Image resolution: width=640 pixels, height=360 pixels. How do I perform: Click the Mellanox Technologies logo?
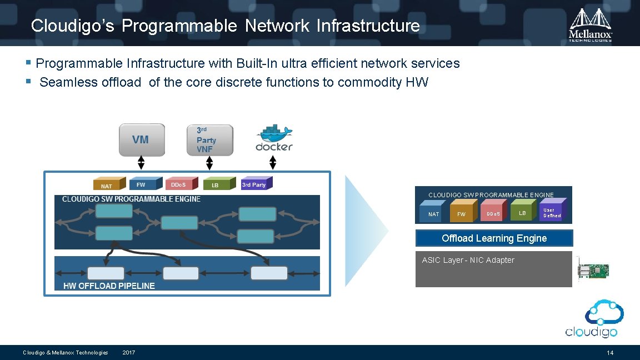591,24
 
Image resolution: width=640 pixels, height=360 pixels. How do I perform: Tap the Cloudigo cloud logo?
591,318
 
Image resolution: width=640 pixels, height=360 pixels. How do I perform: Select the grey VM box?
142,139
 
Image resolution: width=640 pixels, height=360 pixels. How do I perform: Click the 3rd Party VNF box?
209,140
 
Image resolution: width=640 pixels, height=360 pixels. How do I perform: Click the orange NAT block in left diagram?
106,185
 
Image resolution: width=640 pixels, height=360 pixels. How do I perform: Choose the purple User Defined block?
552,213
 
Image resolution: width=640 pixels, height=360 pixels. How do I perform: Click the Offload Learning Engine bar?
494,238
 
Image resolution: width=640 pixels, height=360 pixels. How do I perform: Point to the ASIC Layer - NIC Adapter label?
468,260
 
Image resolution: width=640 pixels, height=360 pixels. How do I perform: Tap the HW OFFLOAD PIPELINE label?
109,286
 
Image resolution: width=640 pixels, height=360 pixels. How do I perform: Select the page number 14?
610,353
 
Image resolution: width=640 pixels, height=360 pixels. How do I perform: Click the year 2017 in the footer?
128,353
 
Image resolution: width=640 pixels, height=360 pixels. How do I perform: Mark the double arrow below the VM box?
141,162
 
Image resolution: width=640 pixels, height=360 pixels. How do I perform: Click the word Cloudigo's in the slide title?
73,26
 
